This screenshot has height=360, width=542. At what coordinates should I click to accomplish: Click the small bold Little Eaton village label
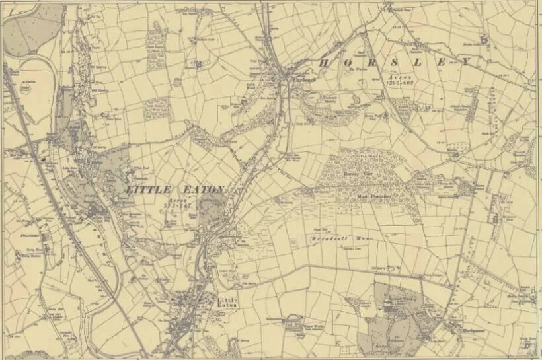pyautogui.click(x=226, y=303)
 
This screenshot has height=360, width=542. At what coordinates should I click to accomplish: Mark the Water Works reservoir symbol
pyautogui.click(x=291, y=323)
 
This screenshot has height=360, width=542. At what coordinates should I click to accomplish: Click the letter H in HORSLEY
pyautogui.click(x=323, y=63)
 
